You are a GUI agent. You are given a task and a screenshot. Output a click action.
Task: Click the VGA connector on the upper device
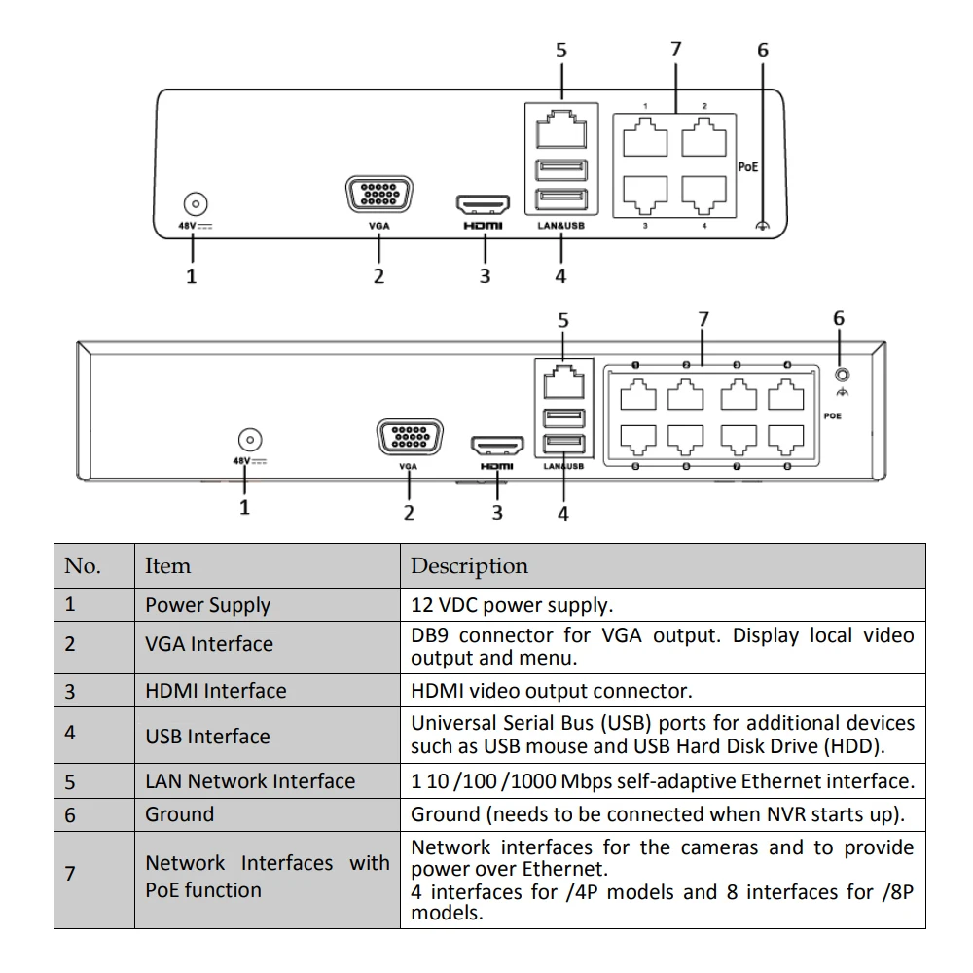(x=379, y=195)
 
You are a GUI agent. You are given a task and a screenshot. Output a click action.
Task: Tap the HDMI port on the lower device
(x=497, y=445)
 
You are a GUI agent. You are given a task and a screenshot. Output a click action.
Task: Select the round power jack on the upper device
(x=196, y=204)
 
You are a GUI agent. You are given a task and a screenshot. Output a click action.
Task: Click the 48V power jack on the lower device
(x=250, y=440)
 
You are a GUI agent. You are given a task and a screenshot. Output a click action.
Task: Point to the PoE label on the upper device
(x=747, y=167)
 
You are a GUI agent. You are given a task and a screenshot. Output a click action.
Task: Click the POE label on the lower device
(x=832, y=415)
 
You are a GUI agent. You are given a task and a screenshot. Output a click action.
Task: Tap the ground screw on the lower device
(x=842, y=375)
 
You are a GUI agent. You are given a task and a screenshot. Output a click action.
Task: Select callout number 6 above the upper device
(x=763, y=51)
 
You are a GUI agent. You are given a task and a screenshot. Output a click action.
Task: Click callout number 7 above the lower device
(x=703, y=319)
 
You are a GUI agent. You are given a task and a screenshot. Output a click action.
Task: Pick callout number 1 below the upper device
(x=191, y=276)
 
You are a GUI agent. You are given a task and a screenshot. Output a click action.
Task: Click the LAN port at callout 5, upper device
(x=561, y=129)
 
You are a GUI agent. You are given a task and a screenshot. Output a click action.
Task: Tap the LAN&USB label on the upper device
(x=561, y=226)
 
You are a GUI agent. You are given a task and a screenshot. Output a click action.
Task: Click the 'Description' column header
(x=469, y=566)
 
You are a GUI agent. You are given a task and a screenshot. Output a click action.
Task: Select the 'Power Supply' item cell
(x=208, y=605)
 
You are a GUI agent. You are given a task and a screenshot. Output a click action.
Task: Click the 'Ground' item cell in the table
(x=179, y=814)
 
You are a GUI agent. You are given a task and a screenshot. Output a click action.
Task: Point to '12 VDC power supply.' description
(x=512, y=605)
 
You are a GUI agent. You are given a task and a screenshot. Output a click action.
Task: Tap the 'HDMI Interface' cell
(x=216, y=691)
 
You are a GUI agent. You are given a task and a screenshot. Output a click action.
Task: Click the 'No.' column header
(x=83, y=566)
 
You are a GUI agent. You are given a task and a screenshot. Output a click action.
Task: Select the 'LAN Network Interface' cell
(x=250, y=781)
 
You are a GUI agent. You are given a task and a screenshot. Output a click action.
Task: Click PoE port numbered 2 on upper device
(x=703, y=137)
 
